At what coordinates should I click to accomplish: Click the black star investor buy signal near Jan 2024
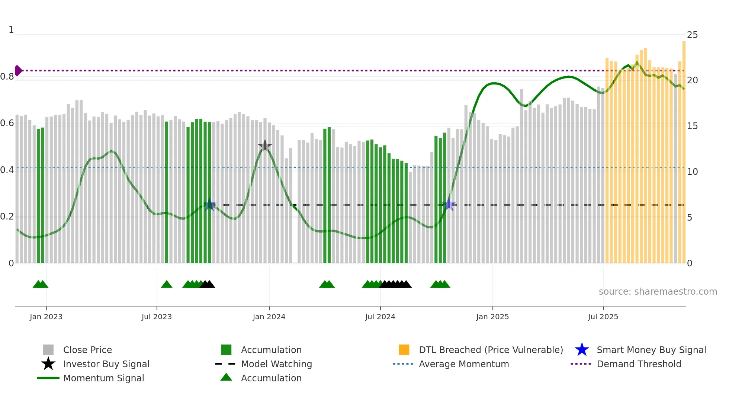tap(265, 146)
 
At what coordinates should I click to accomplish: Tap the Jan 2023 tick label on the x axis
tap(46, 317)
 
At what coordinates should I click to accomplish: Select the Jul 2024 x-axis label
tap(380, 317)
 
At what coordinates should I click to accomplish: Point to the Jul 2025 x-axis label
tap(603, 317)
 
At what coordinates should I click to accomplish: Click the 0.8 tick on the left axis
tap(7, 77)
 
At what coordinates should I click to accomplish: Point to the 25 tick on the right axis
tap(692, 35)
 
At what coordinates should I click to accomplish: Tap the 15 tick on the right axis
tap(692, 126)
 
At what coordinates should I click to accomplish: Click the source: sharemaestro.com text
tap(658, 291)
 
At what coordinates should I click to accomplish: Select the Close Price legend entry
tap(87, 350)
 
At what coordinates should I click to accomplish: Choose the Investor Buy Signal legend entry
tap(106, 364)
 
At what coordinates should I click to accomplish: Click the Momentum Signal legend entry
tap(103, 378)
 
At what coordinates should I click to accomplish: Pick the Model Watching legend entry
tap(276, 364)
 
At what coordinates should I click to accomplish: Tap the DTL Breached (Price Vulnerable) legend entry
tap(491, 350)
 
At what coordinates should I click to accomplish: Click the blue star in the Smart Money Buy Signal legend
tap(582, 350)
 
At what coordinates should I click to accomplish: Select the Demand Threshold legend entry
tap(639, 364)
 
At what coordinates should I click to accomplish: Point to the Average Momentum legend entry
tap(463, 364)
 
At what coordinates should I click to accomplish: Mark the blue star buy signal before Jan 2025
tap(449, 205)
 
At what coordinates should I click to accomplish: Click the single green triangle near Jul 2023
tap(167, 284)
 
